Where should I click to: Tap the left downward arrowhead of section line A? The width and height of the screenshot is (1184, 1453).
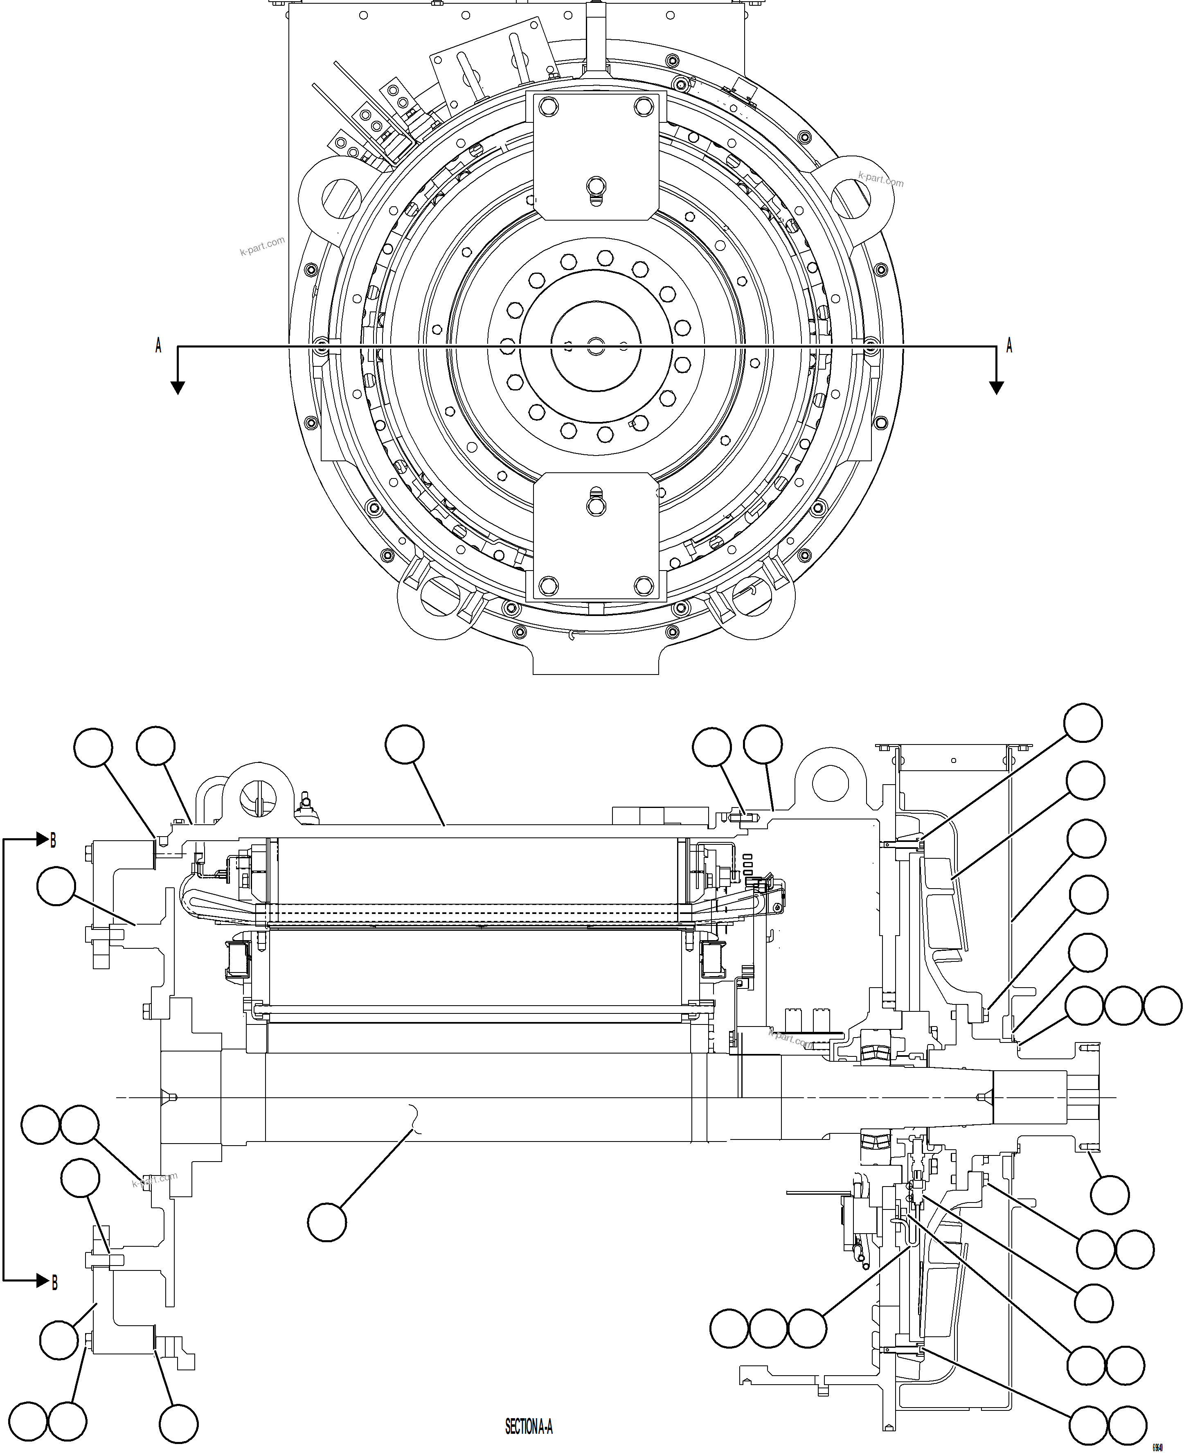(x=177, y=388)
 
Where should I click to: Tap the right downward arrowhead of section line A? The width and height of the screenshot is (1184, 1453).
(x=997, y=388)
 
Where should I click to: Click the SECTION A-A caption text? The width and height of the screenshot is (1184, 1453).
(x=529, y=1426)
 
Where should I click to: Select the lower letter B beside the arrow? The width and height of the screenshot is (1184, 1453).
(x=54, y=1282)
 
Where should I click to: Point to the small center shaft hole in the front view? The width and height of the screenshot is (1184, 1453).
(x=595, y=346)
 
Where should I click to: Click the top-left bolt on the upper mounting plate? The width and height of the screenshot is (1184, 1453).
(x=548, y=106)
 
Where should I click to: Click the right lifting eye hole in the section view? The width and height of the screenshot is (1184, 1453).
(x=831, y=783)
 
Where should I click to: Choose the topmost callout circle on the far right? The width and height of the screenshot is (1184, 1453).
(x=1083, y=723)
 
